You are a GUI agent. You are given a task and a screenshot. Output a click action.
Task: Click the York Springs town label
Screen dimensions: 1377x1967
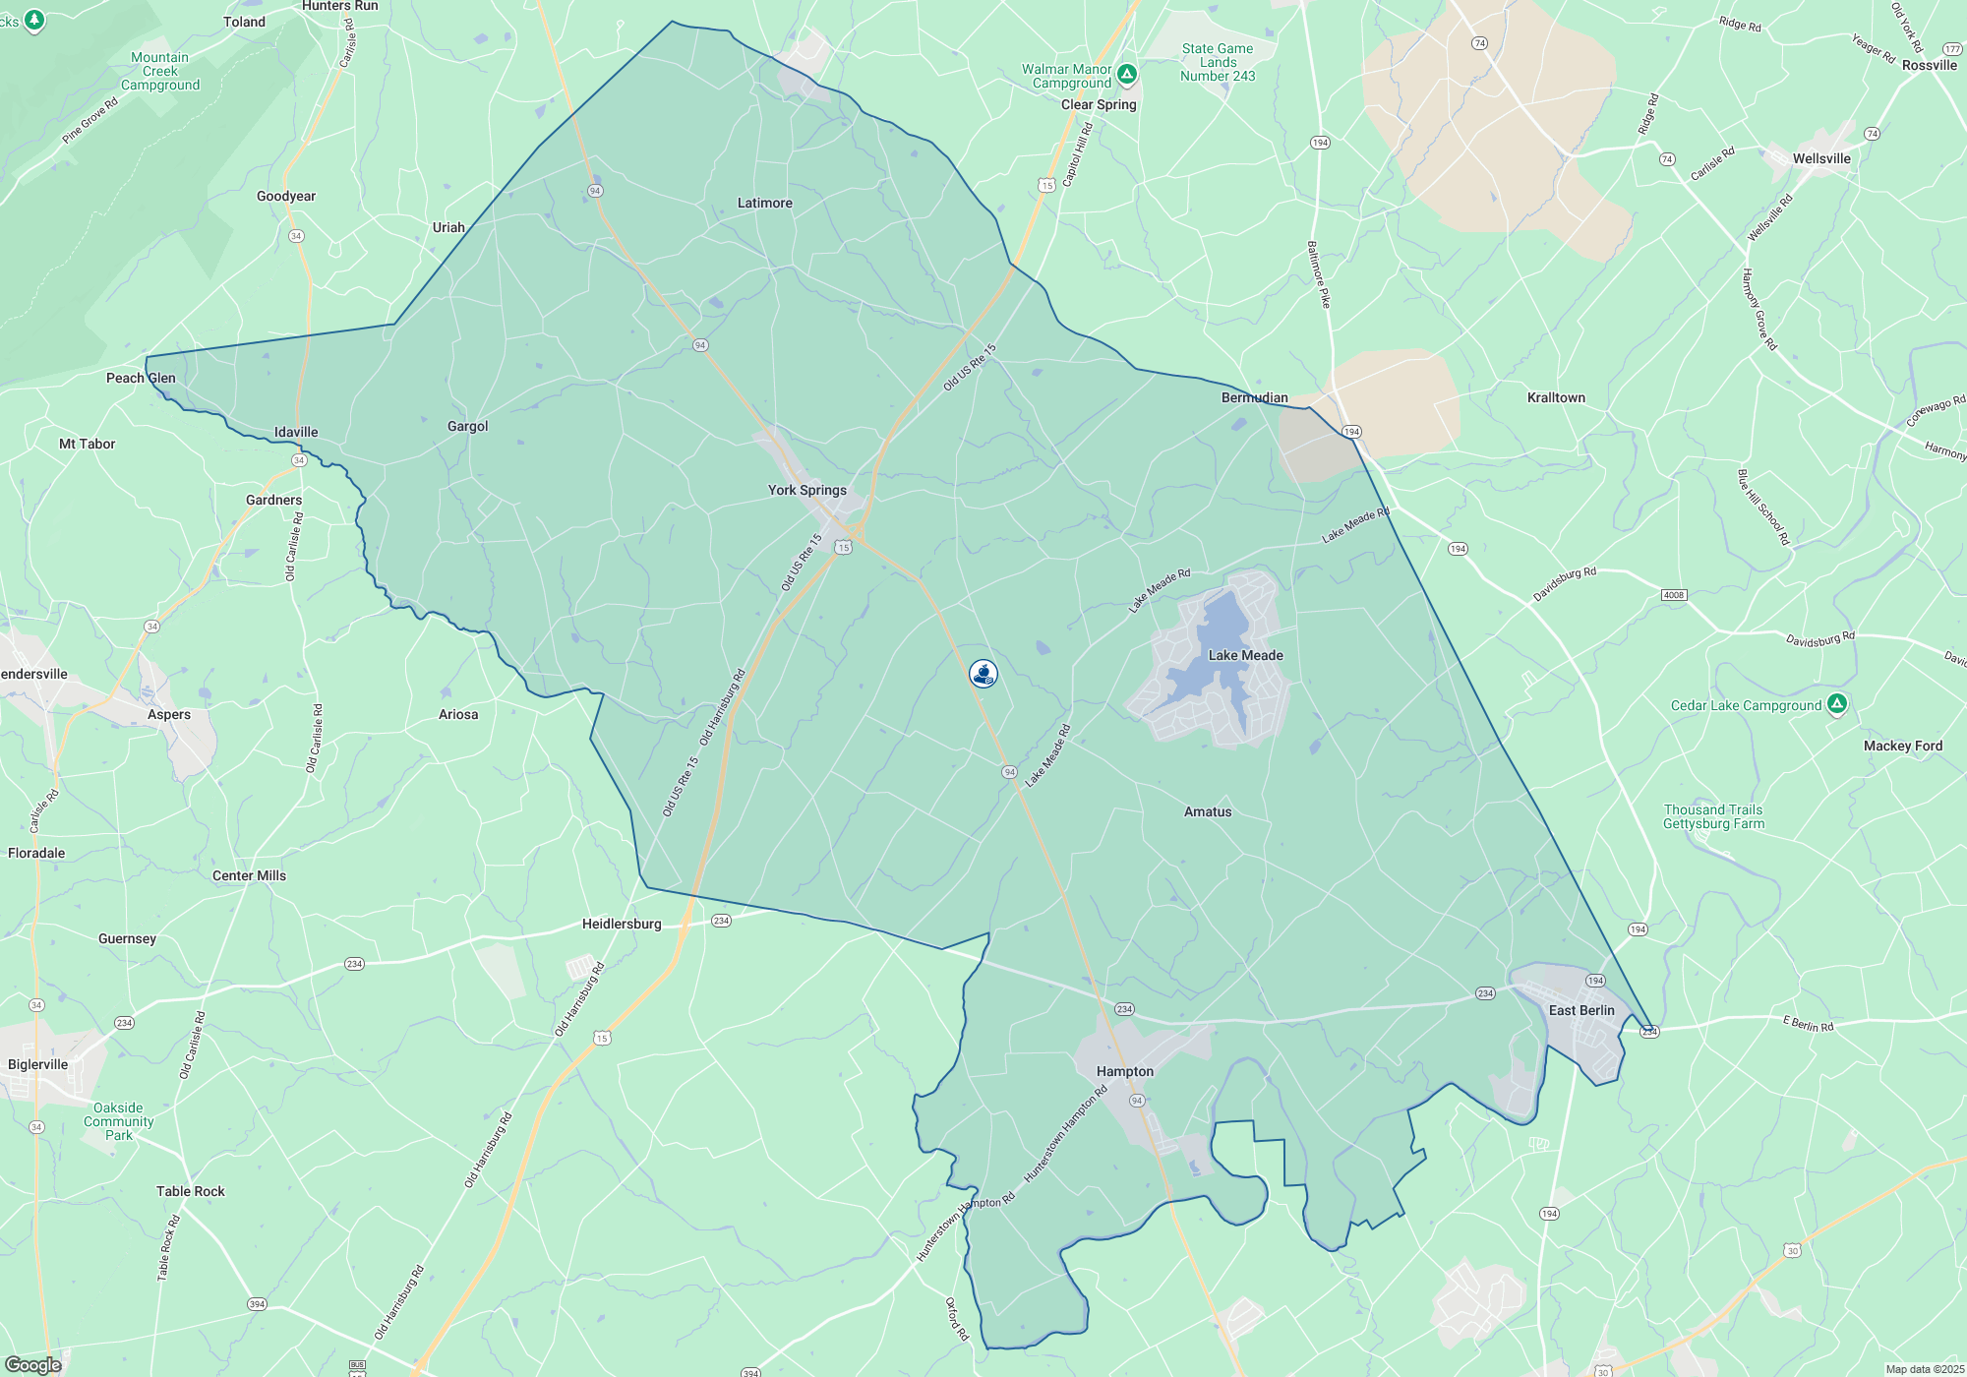806,490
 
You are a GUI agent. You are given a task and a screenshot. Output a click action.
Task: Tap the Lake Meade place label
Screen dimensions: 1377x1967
1245,655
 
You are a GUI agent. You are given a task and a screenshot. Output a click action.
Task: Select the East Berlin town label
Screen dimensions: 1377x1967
1581,1010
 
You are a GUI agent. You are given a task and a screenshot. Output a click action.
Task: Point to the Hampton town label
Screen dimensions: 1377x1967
1125,1071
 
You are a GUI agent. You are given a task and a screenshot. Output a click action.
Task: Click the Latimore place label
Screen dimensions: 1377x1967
764,203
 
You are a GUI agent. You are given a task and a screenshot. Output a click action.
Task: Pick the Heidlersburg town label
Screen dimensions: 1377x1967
622,924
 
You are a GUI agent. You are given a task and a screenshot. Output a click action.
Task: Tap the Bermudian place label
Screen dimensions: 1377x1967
1254,397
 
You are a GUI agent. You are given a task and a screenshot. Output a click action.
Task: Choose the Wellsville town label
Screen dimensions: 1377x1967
1821,158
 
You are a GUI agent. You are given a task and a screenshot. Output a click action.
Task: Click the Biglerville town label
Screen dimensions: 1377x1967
38,1064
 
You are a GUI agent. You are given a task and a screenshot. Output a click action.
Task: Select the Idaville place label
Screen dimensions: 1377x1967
296,432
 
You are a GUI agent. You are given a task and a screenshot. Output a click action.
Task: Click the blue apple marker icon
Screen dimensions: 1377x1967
983,673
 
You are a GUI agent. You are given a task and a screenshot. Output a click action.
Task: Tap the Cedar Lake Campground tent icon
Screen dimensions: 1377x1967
1836,704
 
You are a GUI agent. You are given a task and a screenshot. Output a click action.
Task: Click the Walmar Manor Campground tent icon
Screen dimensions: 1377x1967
1127,74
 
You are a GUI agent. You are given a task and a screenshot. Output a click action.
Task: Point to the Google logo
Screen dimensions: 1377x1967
33,1365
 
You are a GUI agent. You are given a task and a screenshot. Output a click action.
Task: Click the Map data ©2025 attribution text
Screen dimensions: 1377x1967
1925,1369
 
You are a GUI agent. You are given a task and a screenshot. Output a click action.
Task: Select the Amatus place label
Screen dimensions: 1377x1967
1208,811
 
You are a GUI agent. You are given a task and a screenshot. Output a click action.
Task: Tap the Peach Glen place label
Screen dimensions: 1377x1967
141,378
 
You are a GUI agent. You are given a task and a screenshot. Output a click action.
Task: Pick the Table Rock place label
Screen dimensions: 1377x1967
191,1191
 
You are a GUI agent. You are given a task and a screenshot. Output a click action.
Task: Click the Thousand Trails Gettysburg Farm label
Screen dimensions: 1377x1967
1713,816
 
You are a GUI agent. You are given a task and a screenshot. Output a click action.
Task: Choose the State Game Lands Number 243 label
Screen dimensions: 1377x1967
1218,62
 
